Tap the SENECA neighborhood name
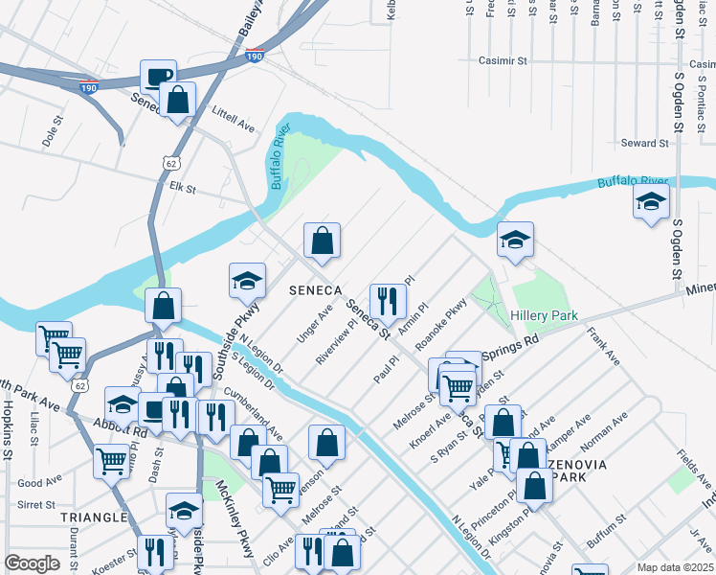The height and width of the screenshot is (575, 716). coord(316,289)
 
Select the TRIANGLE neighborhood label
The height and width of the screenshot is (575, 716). coord(94,517)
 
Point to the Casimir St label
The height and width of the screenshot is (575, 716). coord(503,60)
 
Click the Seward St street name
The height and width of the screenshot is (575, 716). coord(644,143)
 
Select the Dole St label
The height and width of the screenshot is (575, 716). coord(51,131)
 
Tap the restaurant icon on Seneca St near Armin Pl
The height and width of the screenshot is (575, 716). coord(388,301)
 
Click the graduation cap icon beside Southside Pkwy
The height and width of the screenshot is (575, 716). coord(247,281)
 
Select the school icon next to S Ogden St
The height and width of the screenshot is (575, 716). coord(651,202)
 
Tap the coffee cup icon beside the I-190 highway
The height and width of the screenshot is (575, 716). coord(158,77)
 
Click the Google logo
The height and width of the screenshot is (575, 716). coord(32,563)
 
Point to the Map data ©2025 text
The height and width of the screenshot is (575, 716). coord(675,567)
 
